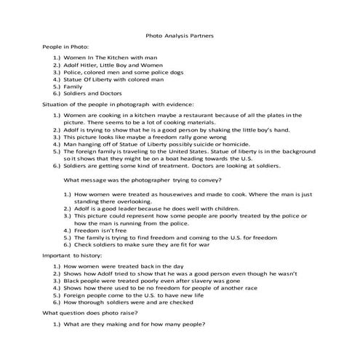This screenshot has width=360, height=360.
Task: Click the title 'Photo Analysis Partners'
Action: click(x=180, y=34)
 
